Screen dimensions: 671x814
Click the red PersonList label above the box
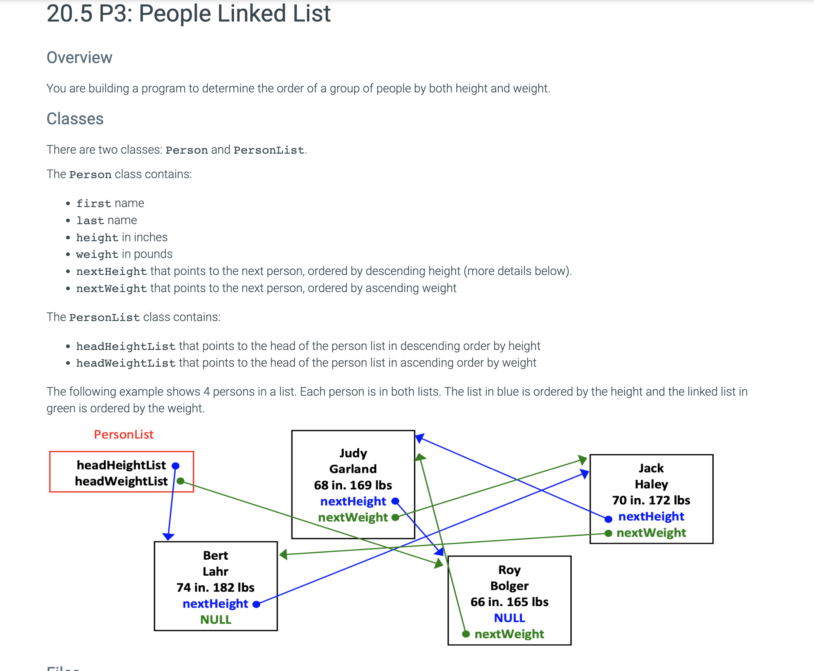tap(124, 435)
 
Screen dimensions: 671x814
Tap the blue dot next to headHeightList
tap(176, 466)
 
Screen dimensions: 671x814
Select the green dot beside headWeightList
tap(180, 481)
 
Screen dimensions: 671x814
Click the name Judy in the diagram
tap(353, 453)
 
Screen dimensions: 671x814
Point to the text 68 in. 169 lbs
tap(353, 485)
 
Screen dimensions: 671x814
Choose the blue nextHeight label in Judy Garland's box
tap(353, 501)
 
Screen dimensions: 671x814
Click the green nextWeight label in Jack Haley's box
tap(651, 533)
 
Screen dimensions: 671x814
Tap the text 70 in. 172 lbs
tap(651, 500)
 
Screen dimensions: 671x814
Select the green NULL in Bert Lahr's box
tap(215, 619)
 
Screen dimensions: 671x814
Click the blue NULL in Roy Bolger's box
tap(509, 618)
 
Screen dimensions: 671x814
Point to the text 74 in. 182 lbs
tap(215, 587)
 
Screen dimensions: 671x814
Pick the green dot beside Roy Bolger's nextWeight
tap(466, 634)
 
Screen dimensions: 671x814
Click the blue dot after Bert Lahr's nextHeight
tap(256, 604)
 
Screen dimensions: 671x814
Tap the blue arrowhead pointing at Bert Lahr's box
tap(168, 537)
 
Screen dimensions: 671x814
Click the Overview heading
tap(79, 58)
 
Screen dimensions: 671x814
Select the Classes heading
tap(75, 119)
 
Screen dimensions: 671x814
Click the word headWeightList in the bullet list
tap(126, 363)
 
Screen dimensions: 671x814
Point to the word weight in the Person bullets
tap(97, 254)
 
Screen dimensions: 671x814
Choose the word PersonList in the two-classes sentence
tap(269, 150)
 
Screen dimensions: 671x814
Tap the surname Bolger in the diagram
tap(509, 586)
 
